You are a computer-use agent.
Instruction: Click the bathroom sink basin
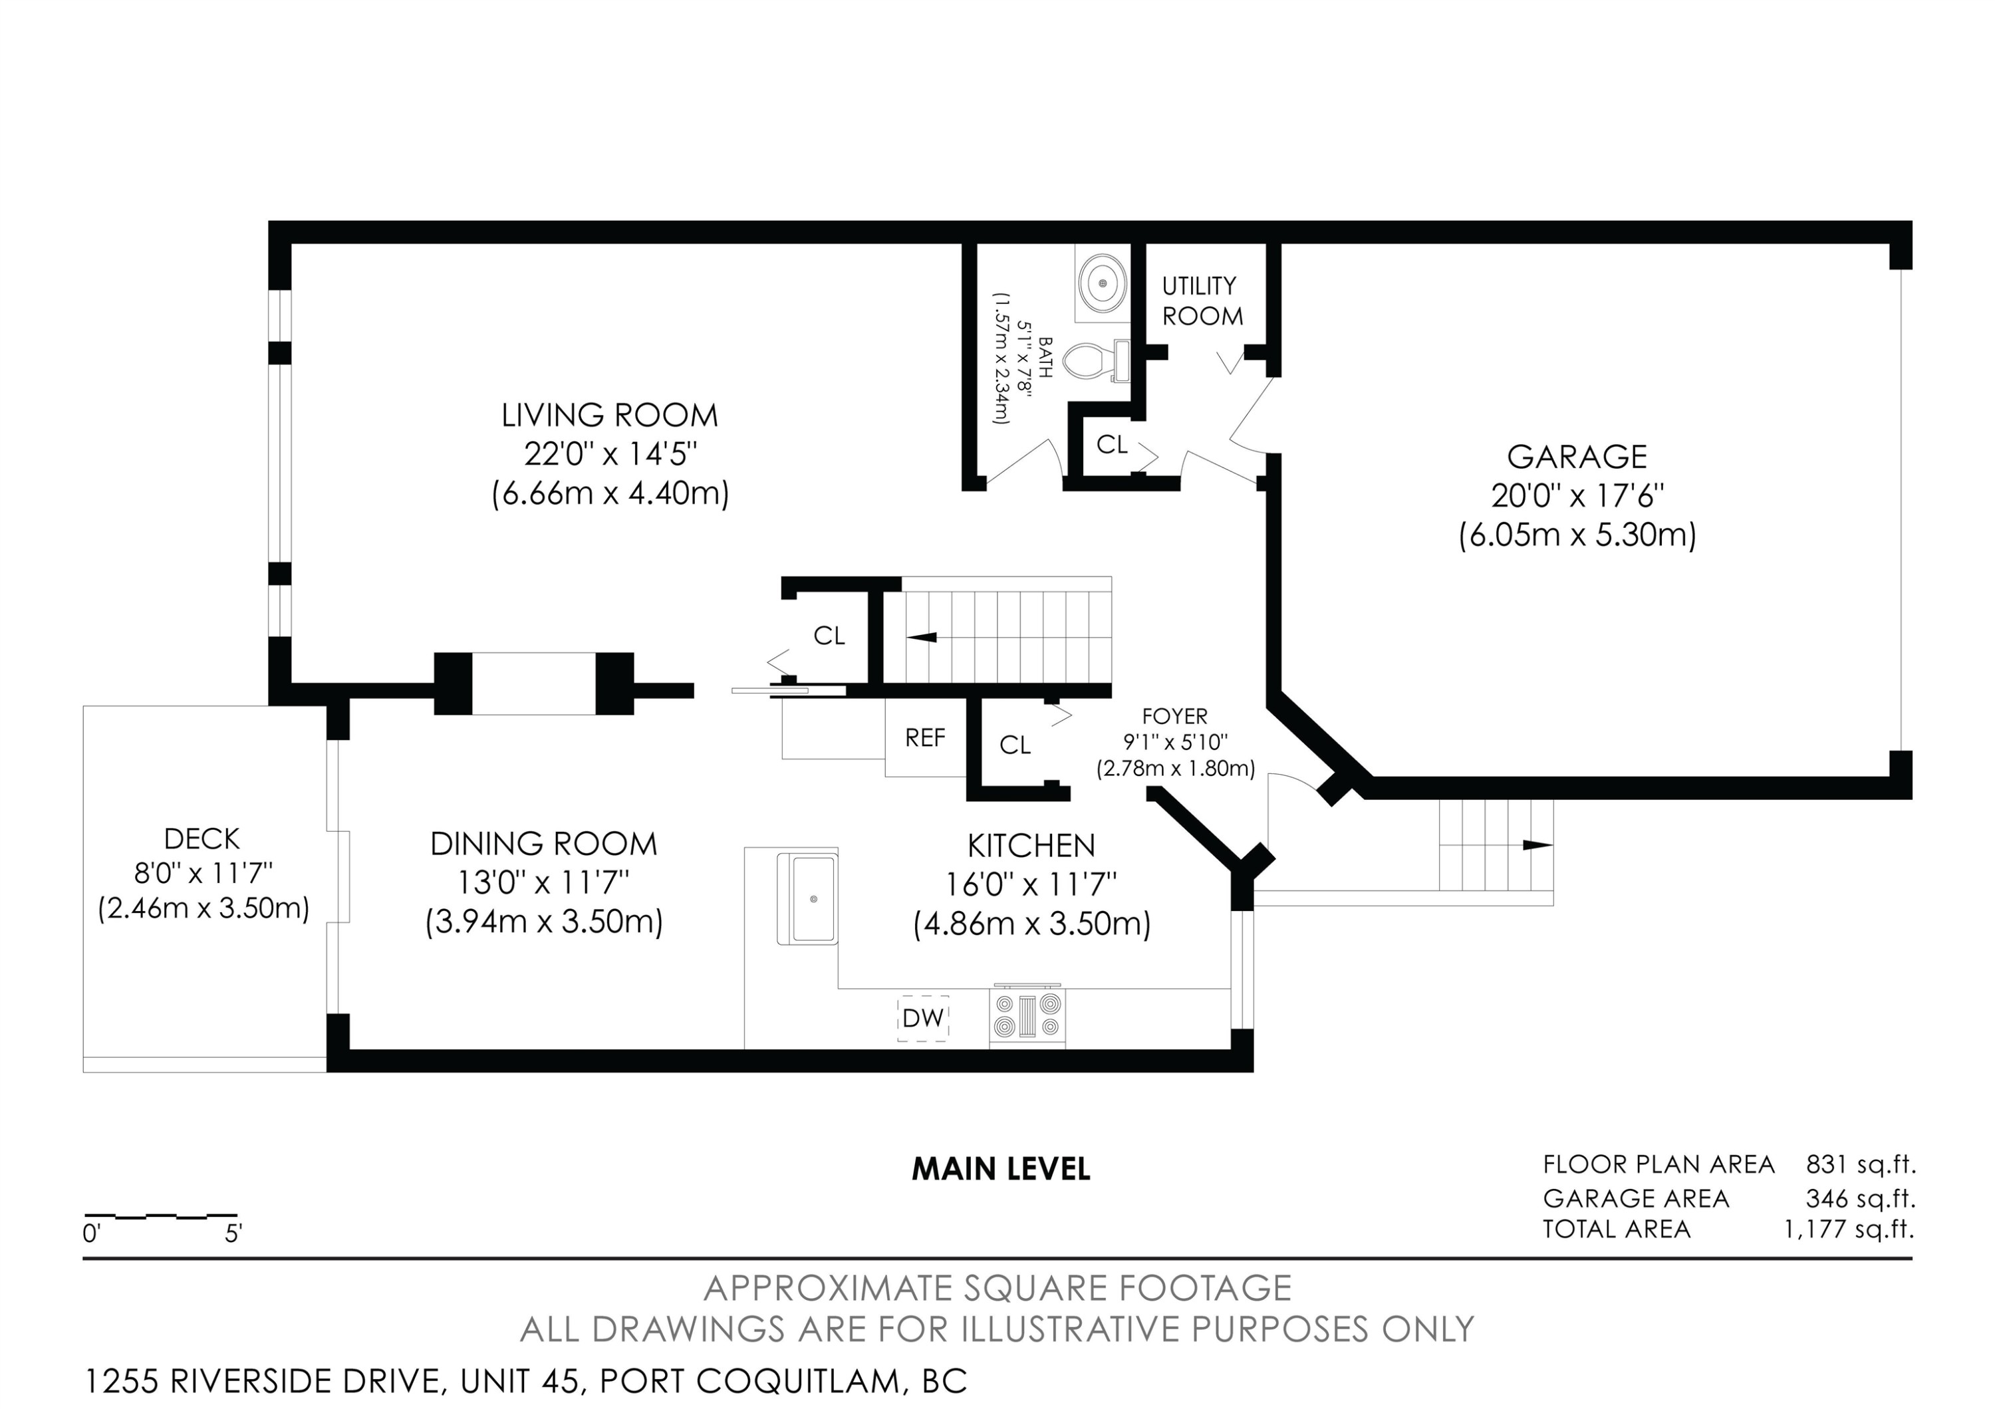(1103, 283)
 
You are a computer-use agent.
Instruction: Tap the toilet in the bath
(1096, 360)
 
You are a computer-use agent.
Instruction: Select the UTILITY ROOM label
(1202, 301)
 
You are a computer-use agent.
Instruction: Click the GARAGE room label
(1577, 457)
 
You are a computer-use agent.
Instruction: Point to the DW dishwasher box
(923, 1018)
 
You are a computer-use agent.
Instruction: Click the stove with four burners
(1027, 1017)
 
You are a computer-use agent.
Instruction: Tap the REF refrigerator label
(926, 738)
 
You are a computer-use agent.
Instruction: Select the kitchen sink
(807, 899)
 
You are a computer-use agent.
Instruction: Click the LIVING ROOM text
(610, 415)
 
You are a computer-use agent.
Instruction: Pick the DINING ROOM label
(544, 844)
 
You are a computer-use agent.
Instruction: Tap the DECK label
(201, 839)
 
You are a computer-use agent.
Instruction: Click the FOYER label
(1175, 717)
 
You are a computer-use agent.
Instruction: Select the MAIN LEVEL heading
(1001, 1169)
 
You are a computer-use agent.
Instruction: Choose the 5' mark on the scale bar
(233, 1233)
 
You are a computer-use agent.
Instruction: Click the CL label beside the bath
(1112, 445)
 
